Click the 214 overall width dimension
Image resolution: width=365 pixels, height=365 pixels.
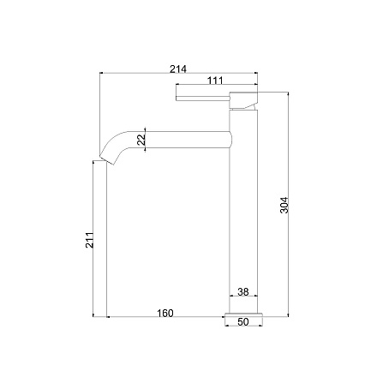coord(178,69)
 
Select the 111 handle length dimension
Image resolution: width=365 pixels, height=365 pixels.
coord(215,81)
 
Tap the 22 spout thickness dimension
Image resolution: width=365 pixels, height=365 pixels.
coord(141,140)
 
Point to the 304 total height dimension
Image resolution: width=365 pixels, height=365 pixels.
coord(284,205)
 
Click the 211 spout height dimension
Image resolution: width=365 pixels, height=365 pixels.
coord(90,240)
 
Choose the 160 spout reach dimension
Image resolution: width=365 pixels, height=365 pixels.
coord(165,313)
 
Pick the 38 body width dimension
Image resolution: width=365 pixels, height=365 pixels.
coord(243,291)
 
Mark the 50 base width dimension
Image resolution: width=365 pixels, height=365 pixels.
coord(243,322)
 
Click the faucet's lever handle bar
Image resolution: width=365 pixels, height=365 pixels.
coord(203,99)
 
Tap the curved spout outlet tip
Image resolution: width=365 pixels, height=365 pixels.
coord(106,160)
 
